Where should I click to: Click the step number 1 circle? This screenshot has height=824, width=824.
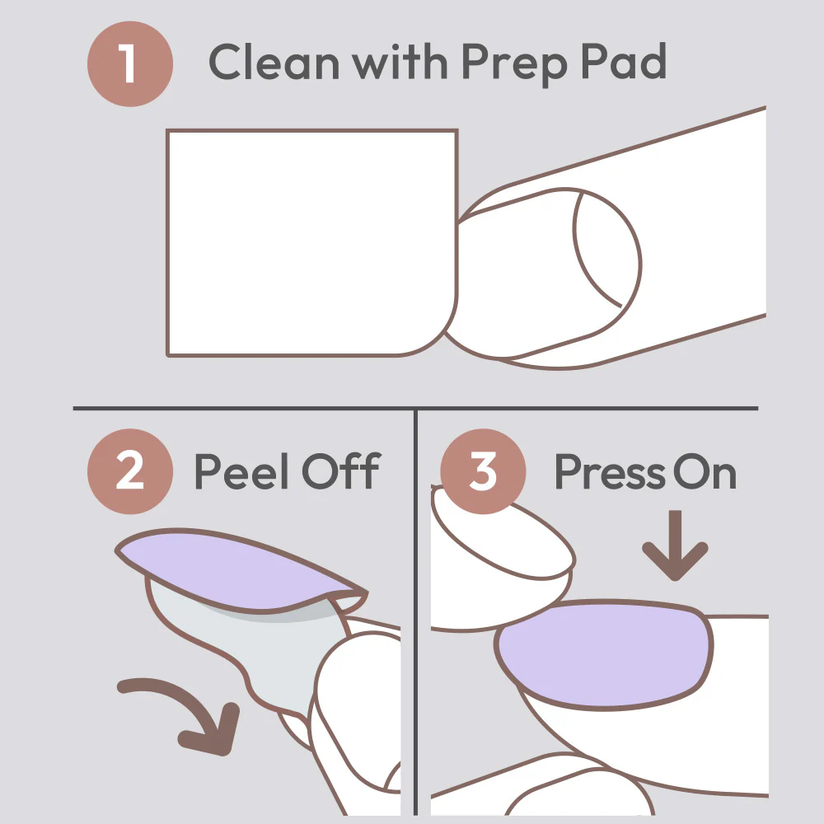click(130, 63)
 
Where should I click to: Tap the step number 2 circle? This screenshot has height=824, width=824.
click(130, 471)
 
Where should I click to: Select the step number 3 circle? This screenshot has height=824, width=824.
click(483, 471)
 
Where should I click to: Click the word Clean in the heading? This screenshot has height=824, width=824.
click(274, 62)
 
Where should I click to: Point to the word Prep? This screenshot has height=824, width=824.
click(515, 65)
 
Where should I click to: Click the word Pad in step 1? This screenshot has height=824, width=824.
click(624, 61)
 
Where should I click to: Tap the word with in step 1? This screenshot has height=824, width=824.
click(400, 62)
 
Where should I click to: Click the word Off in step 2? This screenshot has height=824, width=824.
click(341, 471)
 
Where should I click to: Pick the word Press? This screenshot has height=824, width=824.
click(610, 472)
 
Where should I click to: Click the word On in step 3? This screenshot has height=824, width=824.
click(705, 472)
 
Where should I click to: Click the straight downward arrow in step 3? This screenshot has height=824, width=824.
click(676, 545)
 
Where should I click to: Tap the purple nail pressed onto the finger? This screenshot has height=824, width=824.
click(604, 654)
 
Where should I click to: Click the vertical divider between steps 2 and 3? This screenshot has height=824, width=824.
click(415, 612)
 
